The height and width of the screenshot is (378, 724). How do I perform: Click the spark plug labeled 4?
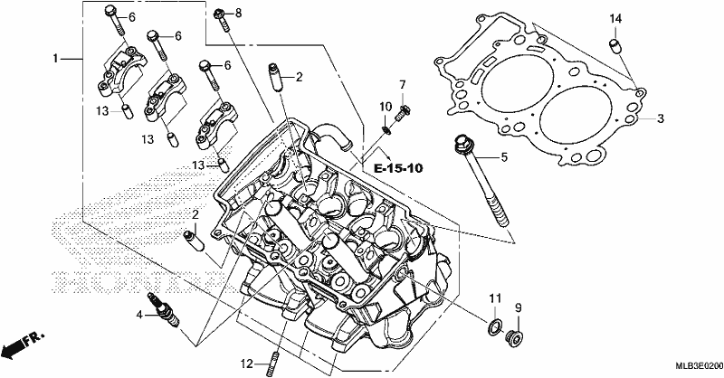pos(163,308)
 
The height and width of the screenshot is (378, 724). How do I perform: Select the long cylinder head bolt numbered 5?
pos(481,180)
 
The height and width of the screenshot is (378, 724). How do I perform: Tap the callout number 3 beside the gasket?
pos(661,118)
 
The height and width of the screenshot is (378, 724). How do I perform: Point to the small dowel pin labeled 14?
pos(614,47)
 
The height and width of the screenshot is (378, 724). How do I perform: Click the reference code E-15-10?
pos(398,168)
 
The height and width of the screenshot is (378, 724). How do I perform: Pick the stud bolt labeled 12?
pos(273,364)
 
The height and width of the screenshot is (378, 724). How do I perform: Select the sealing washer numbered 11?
pos(494,327)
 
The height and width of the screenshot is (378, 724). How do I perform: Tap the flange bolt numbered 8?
pos(222,19)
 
